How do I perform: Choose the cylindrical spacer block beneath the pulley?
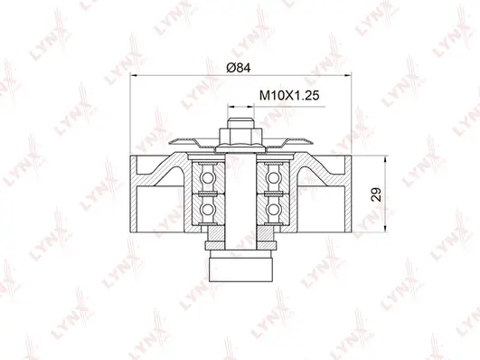pyautogui.click(x=240, y=267)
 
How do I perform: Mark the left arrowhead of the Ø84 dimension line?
pyautogui.click(x=136, y=75)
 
